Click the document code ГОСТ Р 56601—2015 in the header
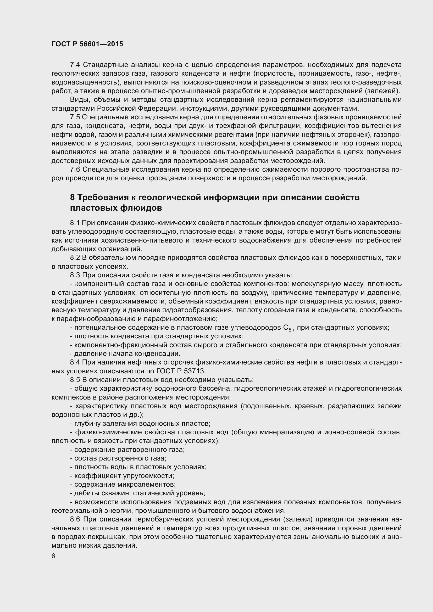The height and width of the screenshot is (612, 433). [x=87, y=44]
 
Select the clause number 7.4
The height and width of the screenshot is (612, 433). [x=75, y=65]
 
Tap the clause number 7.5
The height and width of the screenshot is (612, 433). [x=75, y=117]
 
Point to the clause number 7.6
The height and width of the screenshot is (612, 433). [x=75, y=170]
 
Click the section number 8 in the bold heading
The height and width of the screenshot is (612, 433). [x=72, y=198]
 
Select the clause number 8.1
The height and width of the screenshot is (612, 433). [x=75, y=223]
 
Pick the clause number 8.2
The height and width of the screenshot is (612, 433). [x=75, y=258]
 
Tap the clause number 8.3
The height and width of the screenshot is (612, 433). [x=75, y=275]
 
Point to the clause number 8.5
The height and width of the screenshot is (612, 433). [x=75, y=380]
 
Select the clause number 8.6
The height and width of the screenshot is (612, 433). [x=75, y=520]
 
